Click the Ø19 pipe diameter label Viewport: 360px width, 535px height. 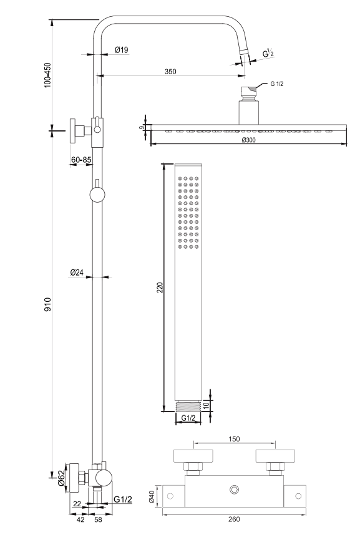[x=122, y=50]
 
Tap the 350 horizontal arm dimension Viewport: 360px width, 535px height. [x=170, y=71]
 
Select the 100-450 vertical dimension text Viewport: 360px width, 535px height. [x=47, y=75]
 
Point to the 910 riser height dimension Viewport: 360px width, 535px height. [x=47, y=304]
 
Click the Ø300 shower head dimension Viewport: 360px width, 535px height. [x=248, y=140]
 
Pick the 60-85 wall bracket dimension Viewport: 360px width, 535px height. [x=81, y=160]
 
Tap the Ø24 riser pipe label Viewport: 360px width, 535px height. [x=77, y=272]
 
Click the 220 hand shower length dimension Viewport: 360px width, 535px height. [x=160, y=287]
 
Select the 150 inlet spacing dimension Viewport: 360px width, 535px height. [x=234, y=439]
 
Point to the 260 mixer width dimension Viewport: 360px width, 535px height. [x=234, y=519]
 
